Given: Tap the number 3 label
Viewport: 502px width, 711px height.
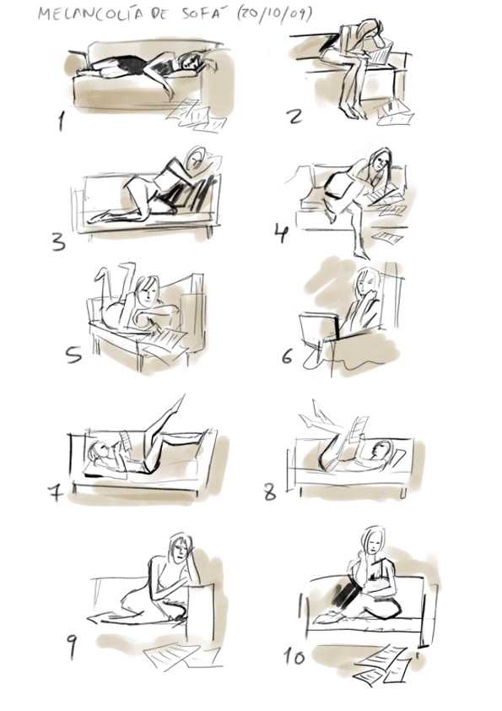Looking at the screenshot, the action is pos(58,242).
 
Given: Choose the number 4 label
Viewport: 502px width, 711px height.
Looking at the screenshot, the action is pos(281,231).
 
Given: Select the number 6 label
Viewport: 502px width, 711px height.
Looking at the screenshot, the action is pos(287,355).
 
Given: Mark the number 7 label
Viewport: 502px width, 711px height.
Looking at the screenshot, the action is pos(56,491).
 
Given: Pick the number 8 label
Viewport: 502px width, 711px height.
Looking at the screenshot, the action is pos(270,492).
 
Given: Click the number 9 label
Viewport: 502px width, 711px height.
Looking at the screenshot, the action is pos(72,646).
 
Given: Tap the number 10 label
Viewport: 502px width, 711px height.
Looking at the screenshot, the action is pos(294,656).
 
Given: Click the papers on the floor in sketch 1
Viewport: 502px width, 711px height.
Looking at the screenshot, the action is pos(197,115).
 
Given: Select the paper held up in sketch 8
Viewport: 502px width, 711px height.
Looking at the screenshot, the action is pos(359,427).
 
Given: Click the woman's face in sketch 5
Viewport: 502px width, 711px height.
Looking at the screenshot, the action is pos(148,293).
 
